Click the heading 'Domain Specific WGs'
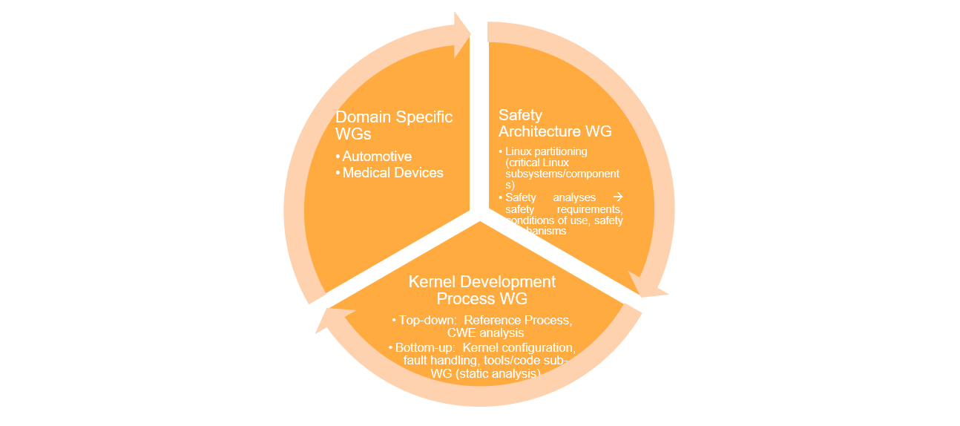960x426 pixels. (x=394, y=126)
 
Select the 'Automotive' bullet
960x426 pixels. (x=377, y=156)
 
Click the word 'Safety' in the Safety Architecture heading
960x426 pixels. (x=520, y=115)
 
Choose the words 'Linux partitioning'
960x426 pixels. (x=546, y=151)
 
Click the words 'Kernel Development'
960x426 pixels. (x=482, y=282)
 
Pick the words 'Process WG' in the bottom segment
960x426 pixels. (x=482, y=298)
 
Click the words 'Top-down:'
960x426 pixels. (x=424, y=320)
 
